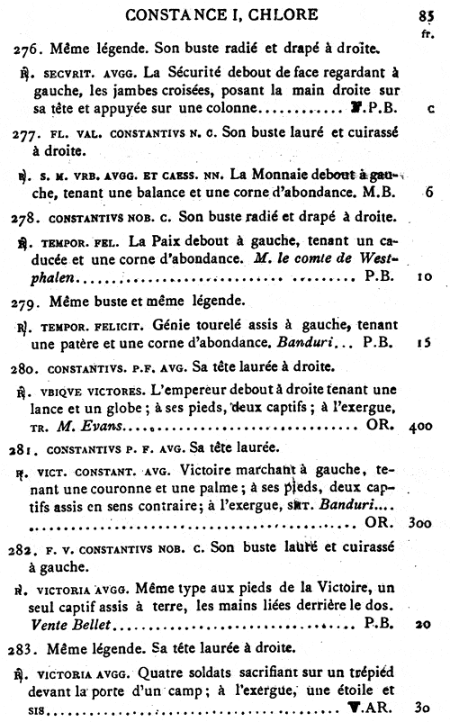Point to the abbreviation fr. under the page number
[427, 30]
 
